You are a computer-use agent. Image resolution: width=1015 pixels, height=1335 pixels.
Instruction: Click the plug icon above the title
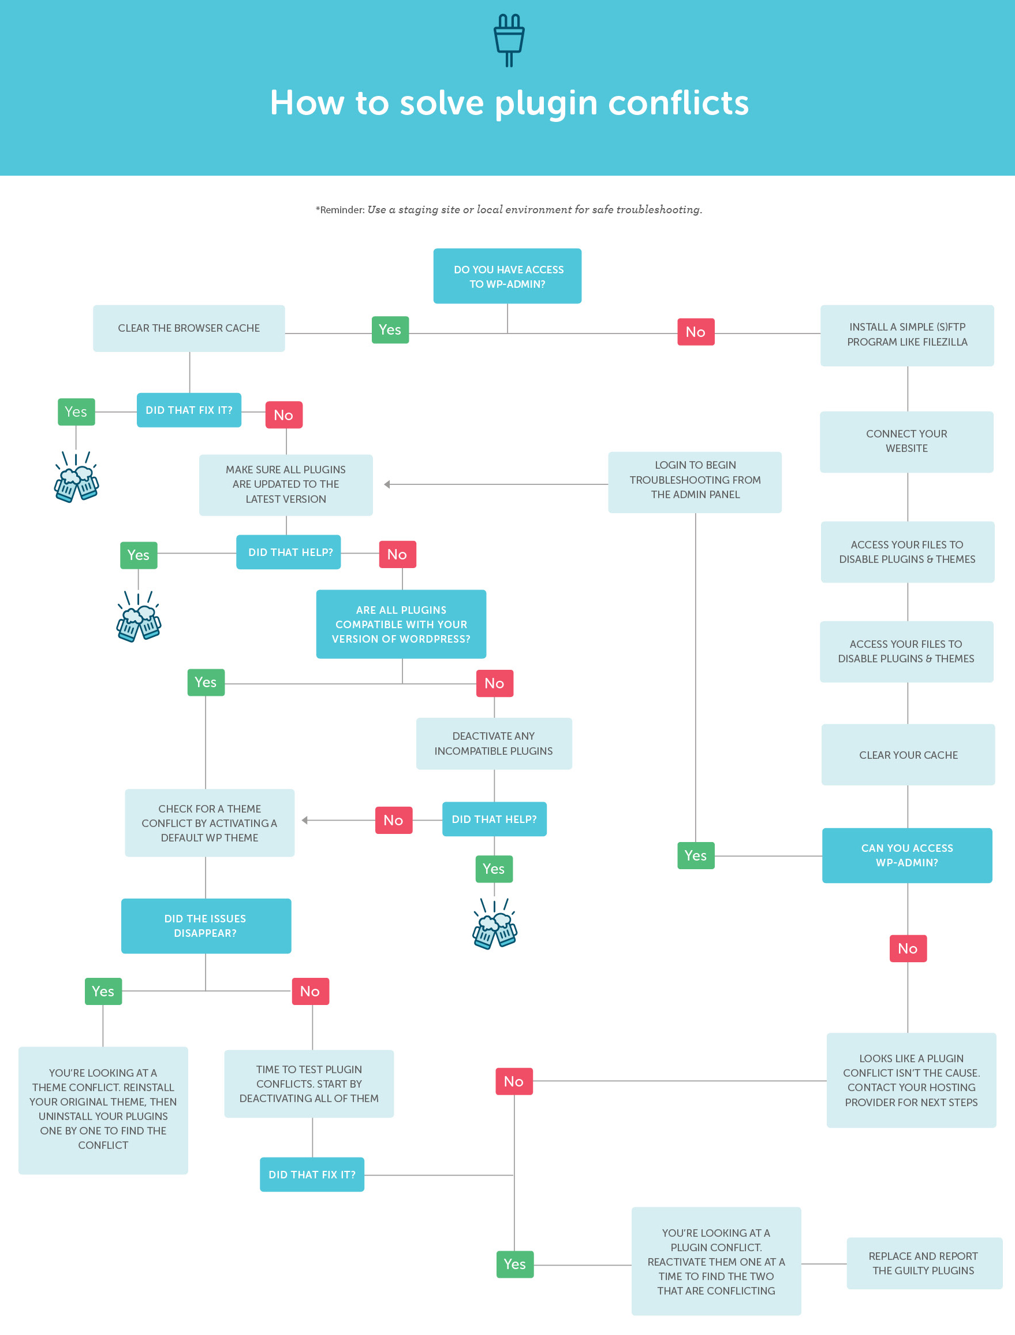(x=509, y=40)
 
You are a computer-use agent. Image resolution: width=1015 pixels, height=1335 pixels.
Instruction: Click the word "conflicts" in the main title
(x=678, y=102)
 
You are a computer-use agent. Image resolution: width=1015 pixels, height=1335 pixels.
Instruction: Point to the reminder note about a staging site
(x=509, y=210)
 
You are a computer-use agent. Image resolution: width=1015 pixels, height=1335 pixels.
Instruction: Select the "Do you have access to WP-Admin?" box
(x=507, y=276)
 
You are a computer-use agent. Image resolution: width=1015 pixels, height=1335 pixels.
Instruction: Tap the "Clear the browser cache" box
(x=189, y=328)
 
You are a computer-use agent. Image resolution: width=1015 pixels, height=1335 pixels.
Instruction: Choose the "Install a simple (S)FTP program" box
(x=907, y=335)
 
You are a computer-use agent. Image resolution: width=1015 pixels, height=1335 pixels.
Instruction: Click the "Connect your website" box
(x=906, y=442)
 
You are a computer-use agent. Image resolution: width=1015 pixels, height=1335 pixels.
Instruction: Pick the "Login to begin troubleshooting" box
(x=695, y=482)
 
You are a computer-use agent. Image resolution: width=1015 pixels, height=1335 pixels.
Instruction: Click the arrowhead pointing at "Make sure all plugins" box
(x=387, y=484)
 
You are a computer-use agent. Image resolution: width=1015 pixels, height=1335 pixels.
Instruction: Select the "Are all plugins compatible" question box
(x=401, y=624)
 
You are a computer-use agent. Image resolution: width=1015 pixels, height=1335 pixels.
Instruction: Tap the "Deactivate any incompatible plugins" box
(x=494, y=743)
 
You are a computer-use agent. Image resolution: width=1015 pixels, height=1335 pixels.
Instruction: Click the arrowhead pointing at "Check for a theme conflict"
(x=305, y=821)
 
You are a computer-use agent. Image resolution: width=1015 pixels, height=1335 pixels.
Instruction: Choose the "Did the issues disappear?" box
(x=206, y=926)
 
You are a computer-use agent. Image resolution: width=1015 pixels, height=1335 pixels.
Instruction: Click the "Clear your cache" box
(x=908, y=755)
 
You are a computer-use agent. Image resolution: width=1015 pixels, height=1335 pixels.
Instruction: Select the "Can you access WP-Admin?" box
(x=907, y=855)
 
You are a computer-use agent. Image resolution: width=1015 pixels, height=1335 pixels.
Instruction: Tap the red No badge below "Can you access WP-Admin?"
(x=908, y=948)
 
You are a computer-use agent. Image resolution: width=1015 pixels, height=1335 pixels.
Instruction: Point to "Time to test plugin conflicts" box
(x=309, y=1084)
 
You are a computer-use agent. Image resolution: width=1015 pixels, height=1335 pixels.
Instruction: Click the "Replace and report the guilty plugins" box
(x=924, y=1263)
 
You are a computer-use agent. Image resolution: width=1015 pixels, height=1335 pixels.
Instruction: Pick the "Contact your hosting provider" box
(x=911, y=1080)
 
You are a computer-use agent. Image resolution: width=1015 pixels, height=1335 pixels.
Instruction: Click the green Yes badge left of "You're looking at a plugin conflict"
(x=515, y=1264)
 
